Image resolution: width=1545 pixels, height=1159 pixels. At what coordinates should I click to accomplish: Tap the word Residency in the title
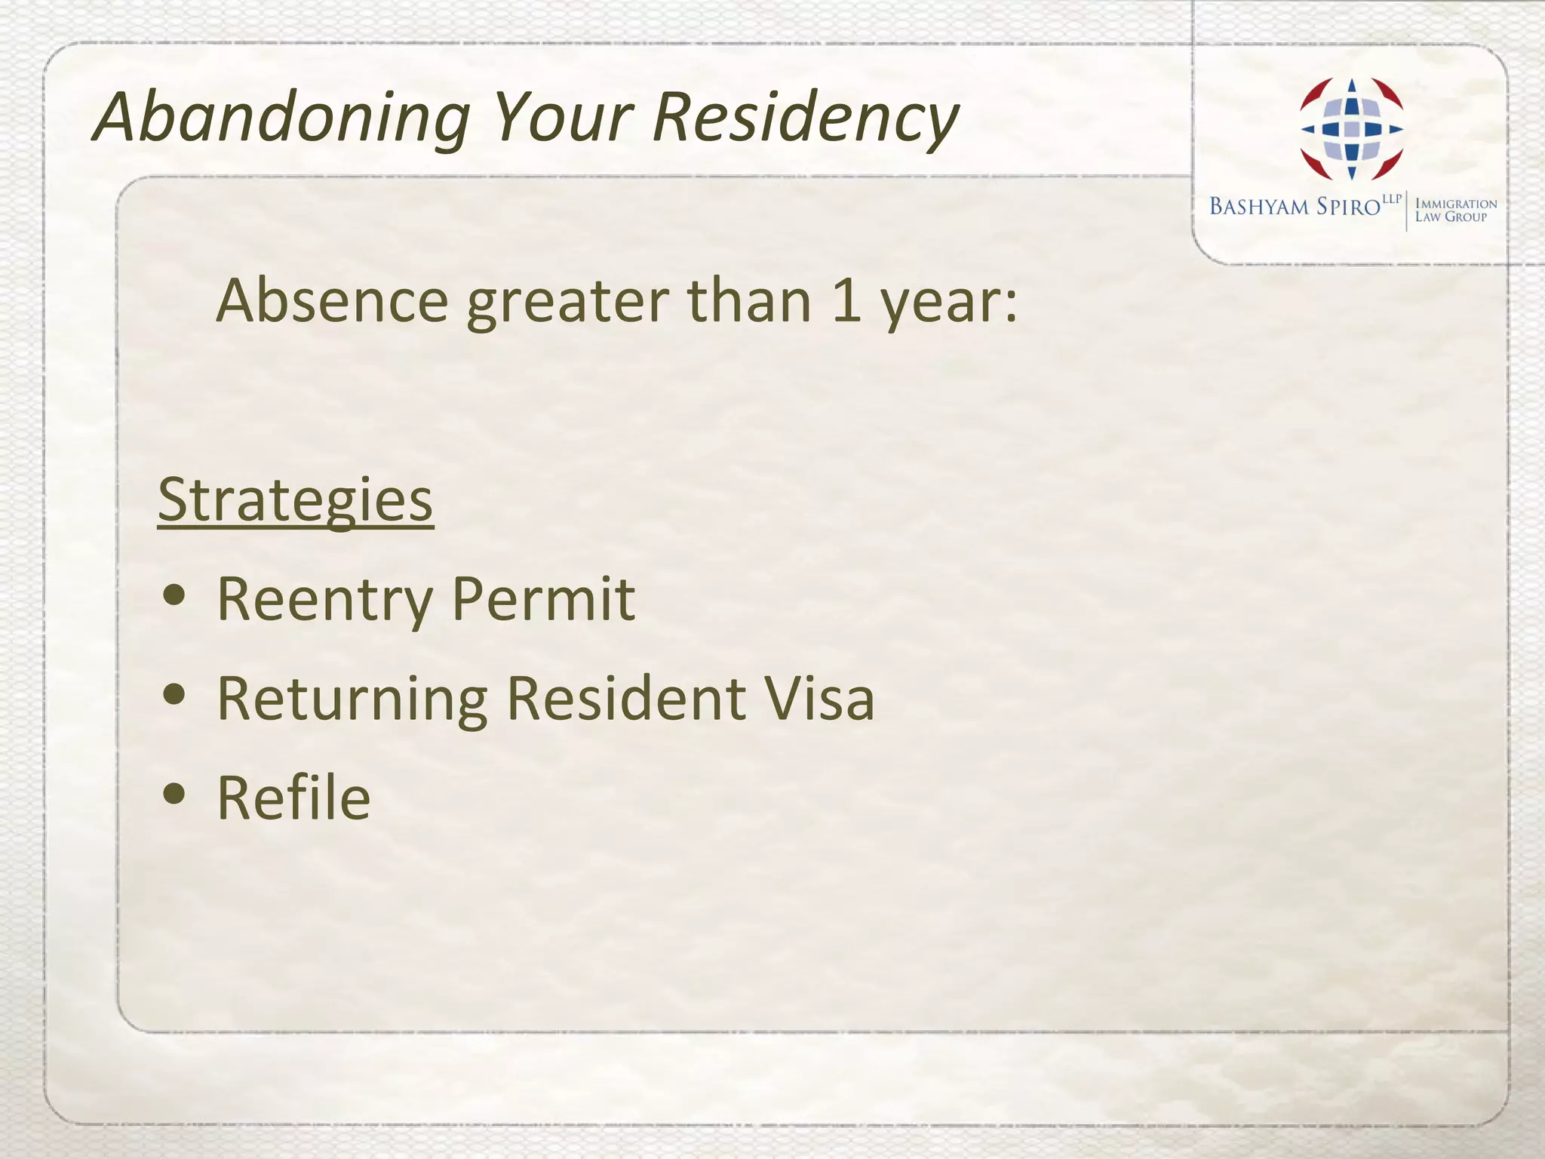(805, 118)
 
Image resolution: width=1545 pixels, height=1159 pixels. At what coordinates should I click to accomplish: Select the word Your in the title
(563, 118)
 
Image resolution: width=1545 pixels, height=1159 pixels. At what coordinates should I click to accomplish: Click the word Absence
(333, 300)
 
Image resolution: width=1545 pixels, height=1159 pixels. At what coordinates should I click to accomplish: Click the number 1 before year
(846, 300)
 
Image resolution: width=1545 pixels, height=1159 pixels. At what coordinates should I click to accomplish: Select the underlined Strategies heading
(295, 500)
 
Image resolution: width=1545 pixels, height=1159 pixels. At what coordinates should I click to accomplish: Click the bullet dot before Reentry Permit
(174, 595)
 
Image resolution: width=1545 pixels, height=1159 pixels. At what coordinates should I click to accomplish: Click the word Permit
(543, 599)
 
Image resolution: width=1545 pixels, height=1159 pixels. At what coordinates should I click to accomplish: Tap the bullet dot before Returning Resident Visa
(174, 695)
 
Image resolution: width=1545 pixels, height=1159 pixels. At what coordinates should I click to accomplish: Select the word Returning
(352, 699)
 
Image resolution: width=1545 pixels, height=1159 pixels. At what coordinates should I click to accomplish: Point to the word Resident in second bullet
(625, 698)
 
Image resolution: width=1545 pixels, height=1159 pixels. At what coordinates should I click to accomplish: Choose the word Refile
(293, 798)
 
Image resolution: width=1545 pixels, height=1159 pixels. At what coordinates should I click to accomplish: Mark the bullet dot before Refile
(174, 794)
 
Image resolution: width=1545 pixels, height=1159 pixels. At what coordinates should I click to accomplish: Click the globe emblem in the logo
(1351, 129)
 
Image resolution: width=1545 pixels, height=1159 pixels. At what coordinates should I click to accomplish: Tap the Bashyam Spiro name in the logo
(1295, 207)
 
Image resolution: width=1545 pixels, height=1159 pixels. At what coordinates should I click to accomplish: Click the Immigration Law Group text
(1454, 210)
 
